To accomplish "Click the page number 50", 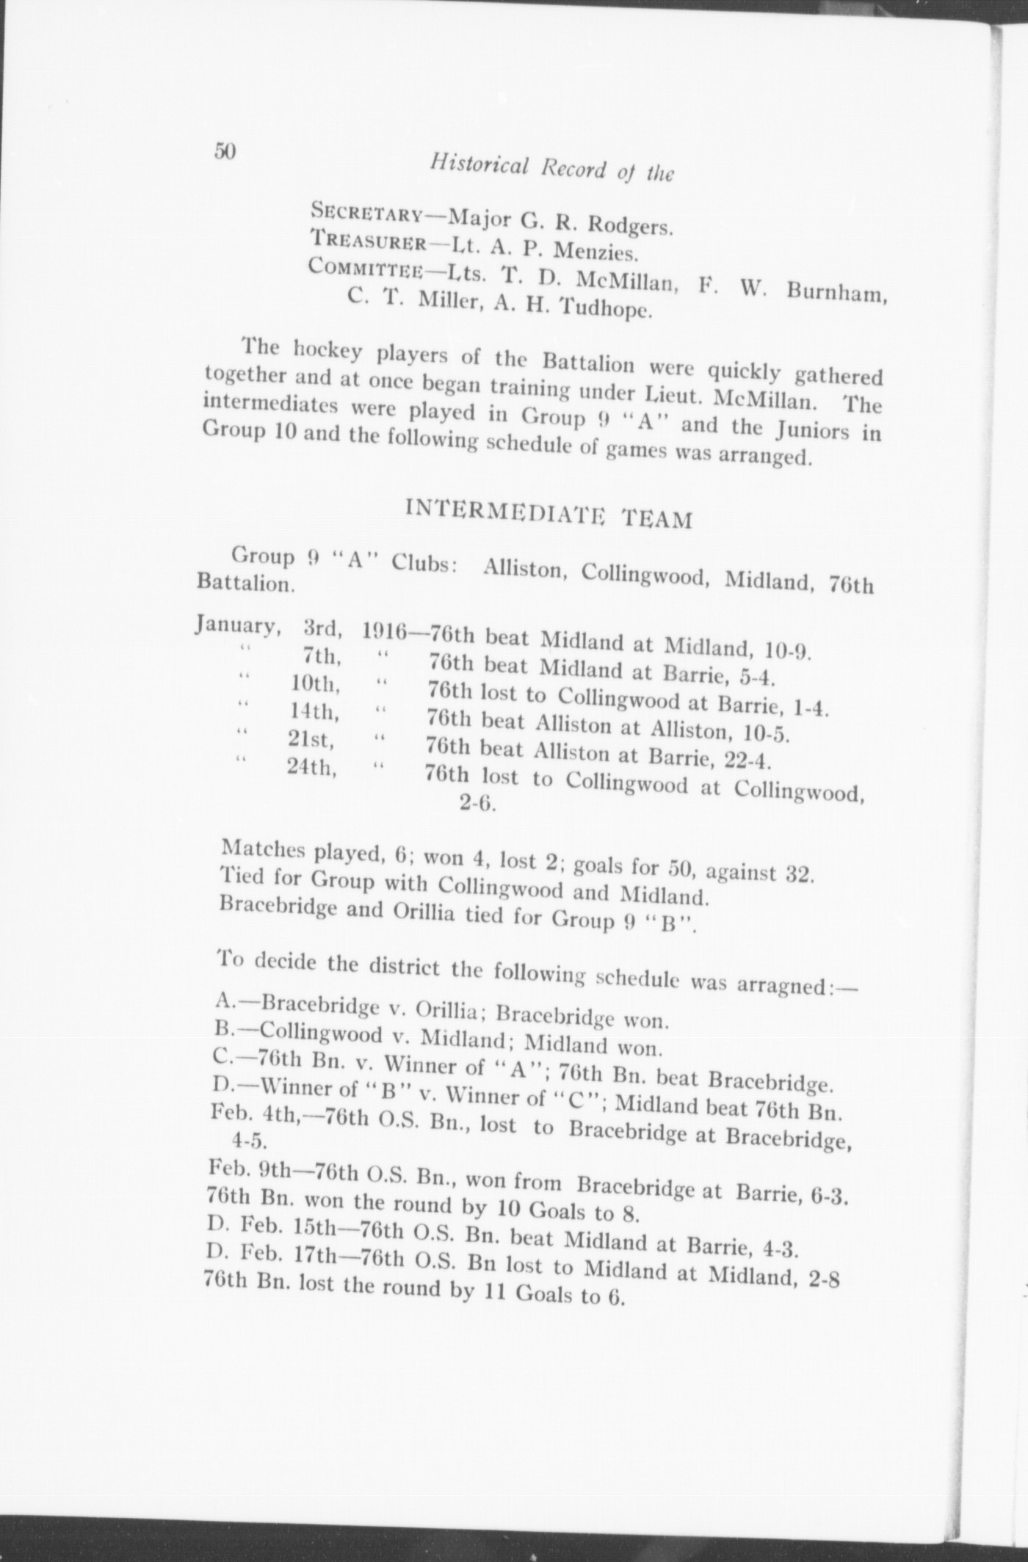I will click(x=224, y=151).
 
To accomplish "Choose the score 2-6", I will click(x=478, y=803).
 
